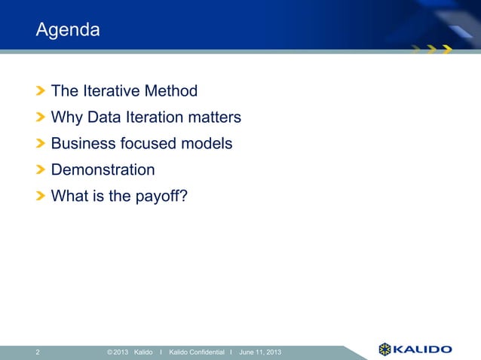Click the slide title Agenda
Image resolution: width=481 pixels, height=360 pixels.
tap(68, 31)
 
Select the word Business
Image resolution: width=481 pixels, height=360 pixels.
tap(82, 144)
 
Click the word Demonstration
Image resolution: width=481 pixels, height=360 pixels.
tap(103, 170)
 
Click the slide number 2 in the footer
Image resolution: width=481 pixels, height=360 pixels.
tap(38, 351)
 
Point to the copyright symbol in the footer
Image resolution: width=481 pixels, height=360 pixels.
tap(110, 351)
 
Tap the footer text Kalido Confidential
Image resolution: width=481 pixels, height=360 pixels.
tap(196, 351)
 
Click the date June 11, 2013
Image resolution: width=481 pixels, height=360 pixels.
tap(261, 351)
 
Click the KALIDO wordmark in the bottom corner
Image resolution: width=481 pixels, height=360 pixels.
tap(424, 349)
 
